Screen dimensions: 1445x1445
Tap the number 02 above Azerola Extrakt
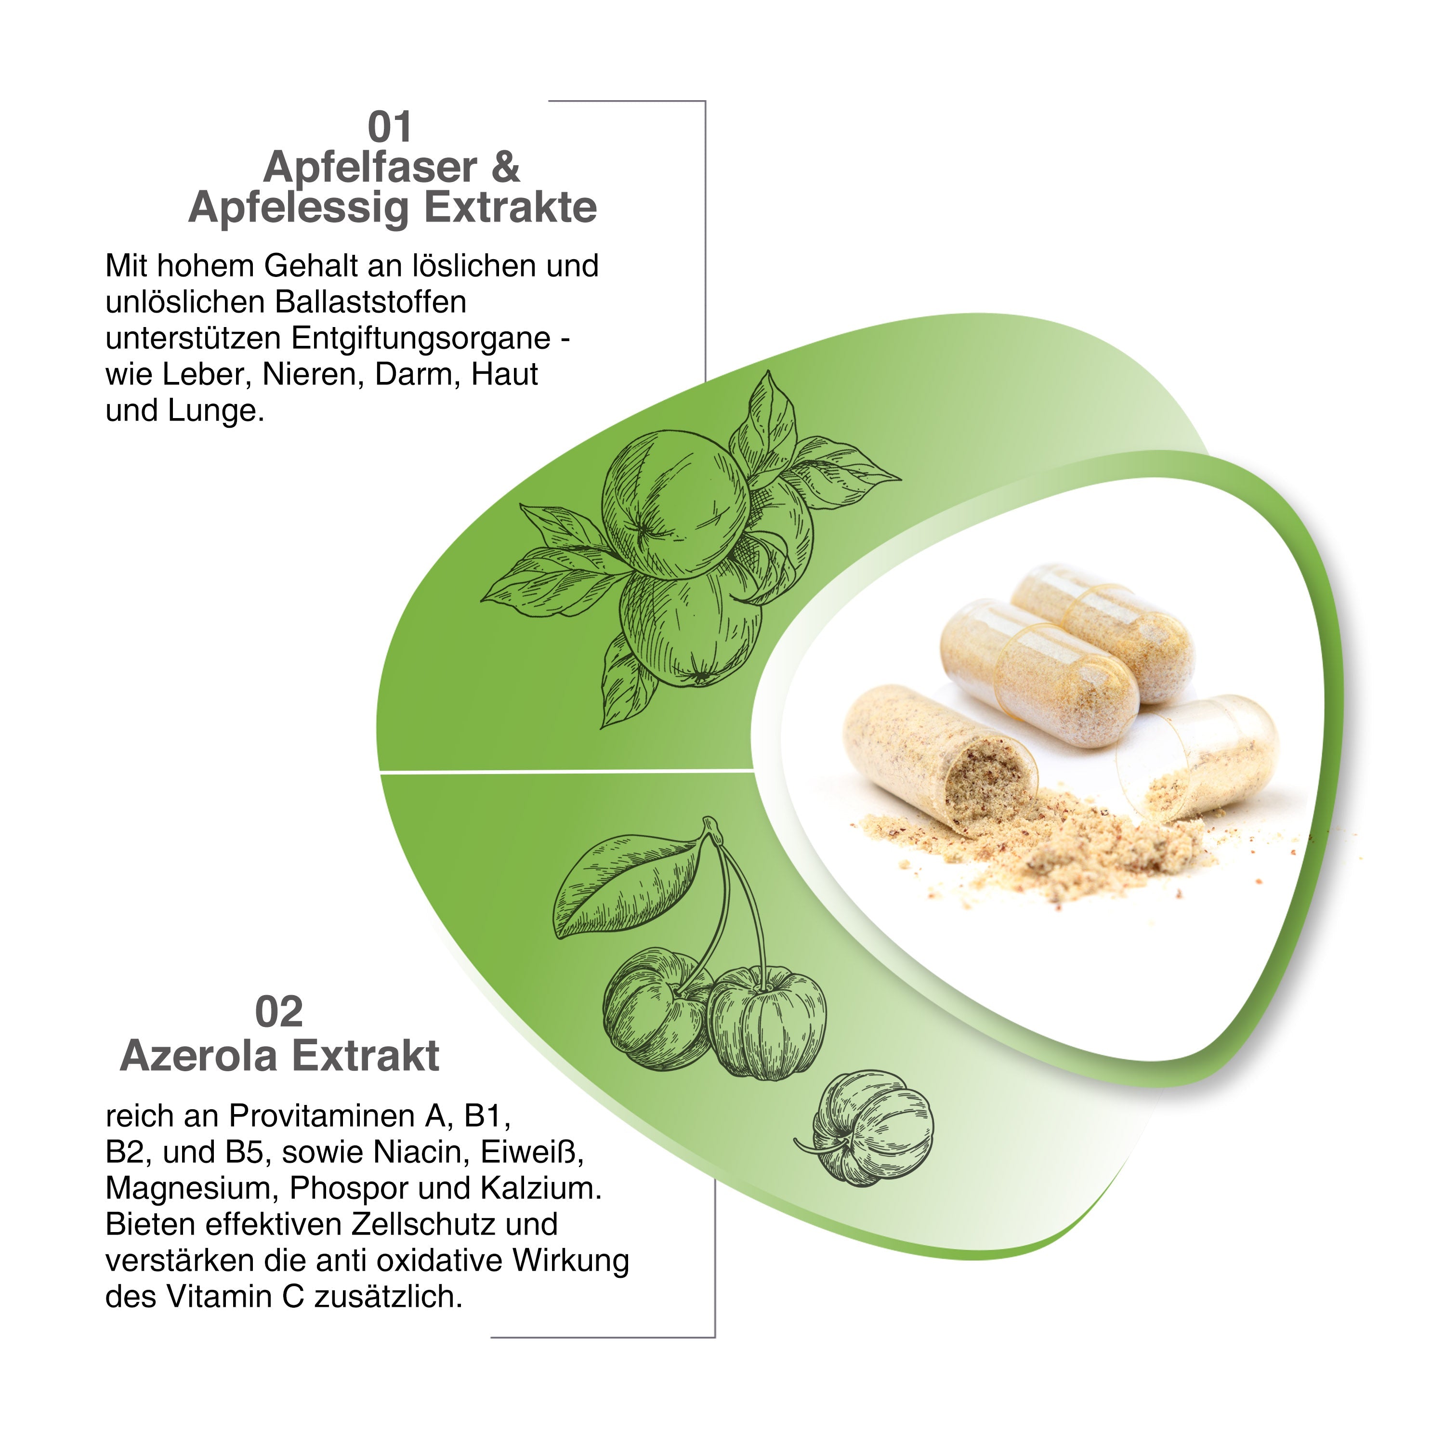click(279, 1012)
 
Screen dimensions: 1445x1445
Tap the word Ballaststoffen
click(371, 302)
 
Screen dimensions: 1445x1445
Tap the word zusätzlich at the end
click(389, 1297)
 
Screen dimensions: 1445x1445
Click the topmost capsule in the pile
click(1103, 631)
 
